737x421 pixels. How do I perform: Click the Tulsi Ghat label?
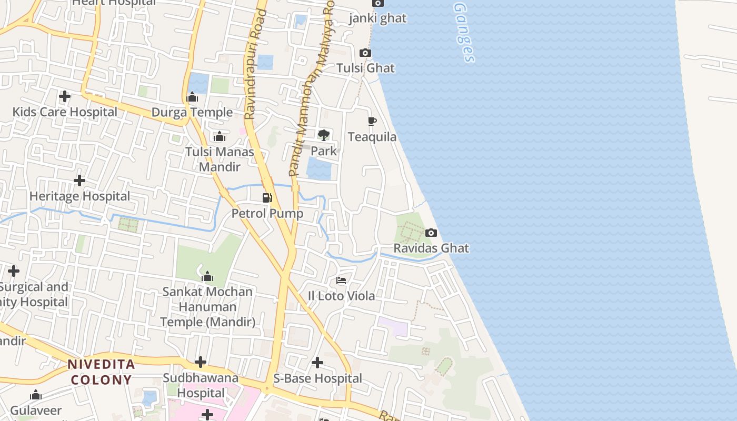(365, 68)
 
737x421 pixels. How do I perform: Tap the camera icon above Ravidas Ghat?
(431, 233)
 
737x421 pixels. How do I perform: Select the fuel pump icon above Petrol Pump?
(267, 198)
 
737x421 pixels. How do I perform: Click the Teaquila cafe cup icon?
(372, 122)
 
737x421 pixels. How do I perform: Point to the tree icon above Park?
(323, 135)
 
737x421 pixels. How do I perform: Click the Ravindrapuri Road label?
(256, 64)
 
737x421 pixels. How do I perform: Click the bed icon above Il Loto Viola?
(341, 280)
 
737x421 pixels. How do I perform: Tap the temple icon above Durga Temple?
(192, 97)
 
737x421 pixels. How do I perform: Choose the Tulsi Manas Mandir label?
(220, 159)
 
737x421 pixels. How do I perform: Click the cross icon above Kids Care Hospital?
(65, 96)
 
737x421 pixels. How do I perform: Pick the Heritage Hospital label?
(79, 196)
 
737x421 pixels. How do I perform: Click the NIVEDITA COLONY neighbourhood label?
(101, 372)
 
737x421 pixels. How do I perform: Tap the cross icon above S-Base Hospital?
(317, 363)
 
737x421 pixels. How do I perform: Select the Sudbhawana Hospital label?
(201, 385)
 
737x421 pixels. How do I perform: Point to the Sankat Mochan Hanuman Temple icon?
(207, 276)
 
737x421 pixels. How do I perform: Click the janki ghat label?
(378, 18)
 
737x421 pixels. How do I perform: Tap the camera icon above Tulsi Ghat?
(365, 53)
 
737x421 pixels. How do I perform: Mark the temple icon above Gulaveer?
(36, 395)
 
